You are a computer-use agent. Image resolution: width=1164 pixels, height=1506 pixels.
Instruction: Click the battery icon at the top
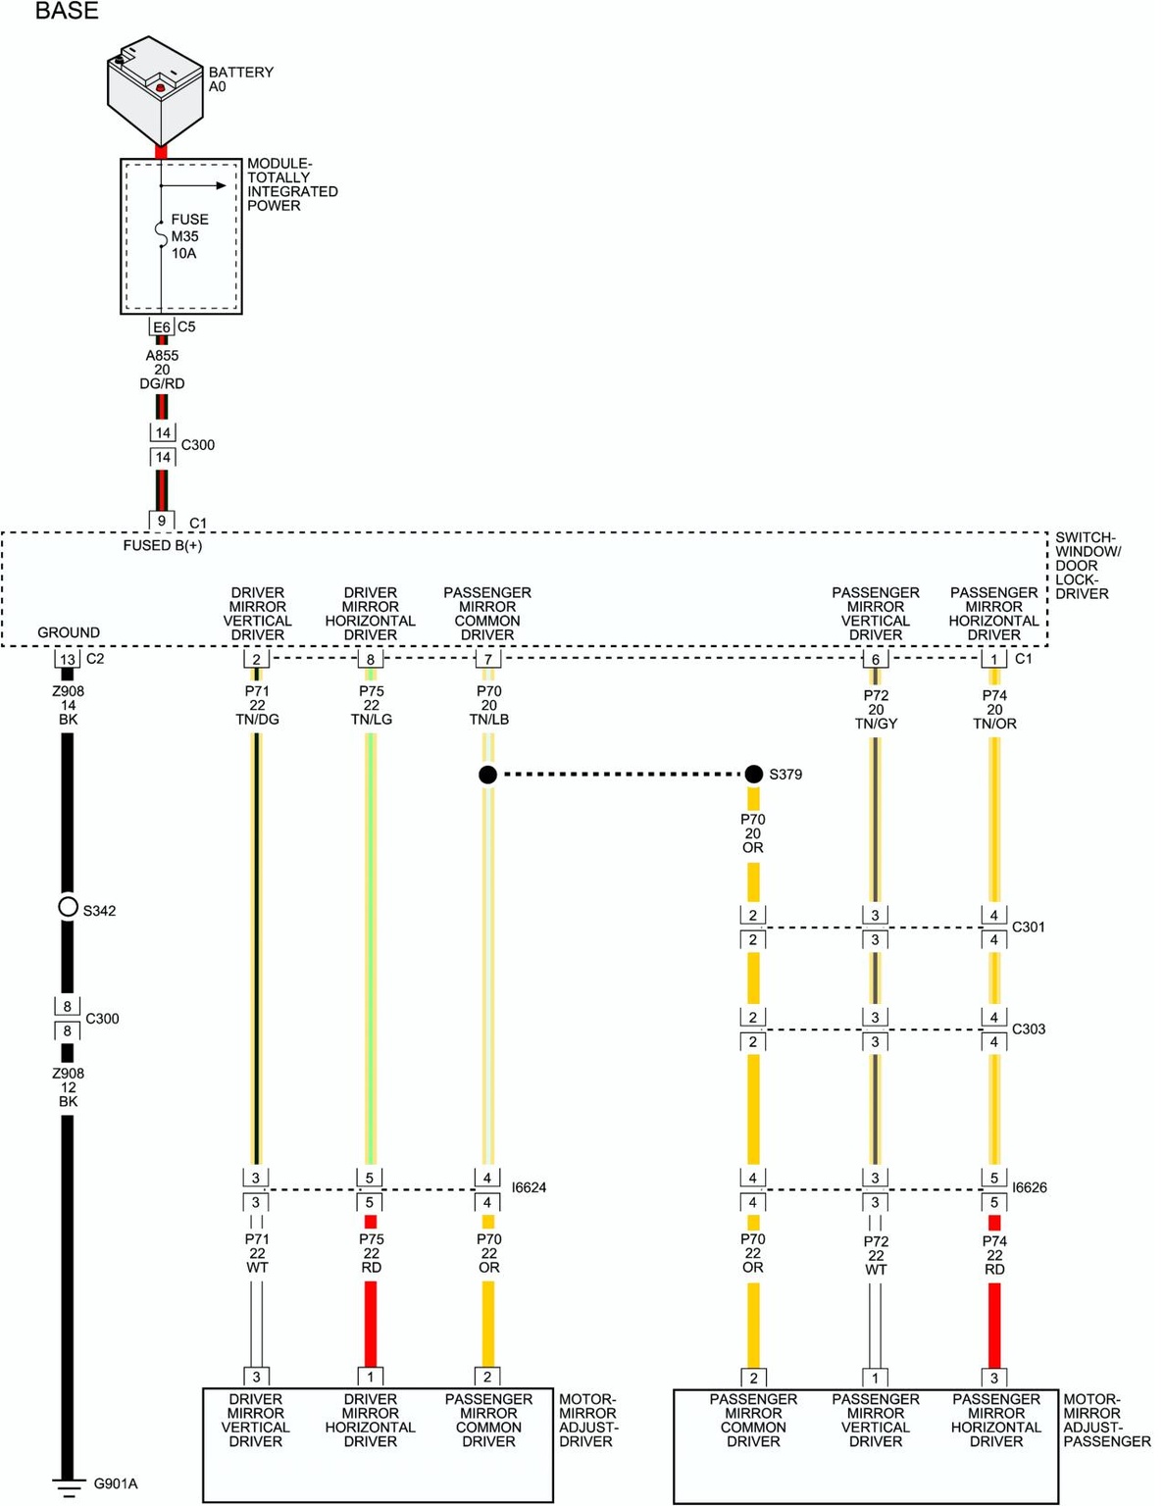point(155,90)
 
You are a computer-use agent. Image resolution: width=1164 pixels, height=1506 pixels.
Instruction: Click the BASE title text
point(67,12)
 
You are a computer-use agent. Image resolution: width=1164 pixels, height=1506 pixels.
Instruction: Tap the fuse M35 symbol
point(162,235)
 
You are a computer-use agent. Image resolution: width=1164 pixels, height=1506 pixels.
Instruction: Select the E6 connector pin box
point(162,326)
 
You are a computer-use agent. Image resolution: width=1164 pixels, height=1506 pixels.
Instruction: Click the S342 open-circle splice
point(68,907)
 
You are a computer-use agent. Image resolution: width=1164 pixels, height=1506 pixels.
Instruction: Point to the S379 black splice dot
point(753,775)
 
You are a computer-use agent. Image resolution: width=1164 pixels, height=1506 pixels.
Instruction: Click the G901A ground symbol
point(68,1486)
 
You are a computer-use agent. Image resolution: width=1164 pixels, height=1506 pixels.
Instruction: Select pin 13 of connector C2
point(68,659)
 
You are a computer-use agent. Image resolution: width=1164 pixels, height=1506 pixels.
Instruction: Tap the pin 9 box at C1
point(162,521)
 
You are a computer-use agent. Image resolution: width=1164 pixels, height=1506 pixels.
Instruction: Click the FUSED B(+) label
point(163,545)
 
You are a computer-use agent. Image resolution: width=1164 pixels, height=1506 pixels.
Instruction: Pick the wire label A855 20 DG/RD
point(162,370)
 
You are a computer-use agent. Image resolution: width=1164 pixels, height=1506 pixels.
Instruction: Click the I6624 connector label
point(529,1187)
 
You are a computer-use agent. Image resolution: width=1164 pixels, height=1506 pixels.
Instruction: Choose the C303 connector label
point(1028,1029)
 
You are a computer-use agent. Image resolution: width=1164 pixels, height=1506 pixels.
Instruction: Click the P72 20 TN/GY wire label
point(876,709)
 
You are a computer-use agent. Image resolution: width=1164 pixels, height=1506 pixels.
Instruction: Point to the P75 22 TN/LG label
point(371,705)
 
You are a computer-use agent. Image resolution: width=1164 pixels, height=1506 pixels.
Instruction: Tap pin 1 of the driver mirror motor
point(371,1377)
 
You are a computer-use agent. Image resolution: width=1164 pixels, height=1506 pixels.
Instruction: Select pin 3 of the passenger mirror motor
point(993,1378)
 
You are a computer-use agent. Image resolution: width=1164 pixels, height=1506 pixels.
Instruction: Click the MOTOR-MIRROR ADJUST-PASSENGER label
point(1106,1420)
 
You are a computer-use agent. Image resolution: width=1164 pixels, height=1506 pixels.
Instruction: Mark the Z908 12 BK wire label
point(68,1086)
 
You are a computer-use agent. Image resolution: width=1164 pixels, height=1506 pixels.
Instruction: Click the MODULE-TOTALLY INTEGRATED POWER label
point(291,184)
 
